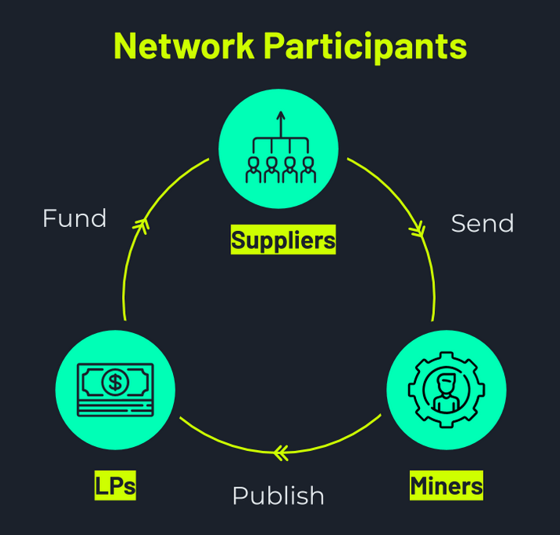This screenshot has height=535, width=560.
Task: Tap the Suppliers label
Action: pyautogui.click(x=283, y=240)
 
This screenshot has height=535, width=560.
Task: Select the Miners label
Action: pyautogui.click(x=446, y=486)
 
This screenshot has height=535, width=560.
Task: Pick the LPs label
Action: pyautogui.click(x=115, y=486)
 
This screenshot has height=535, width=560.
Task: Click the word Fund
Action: pyautogui.click(x=75, y=218)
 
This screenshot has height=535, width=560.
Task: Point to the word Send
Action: pyautogui.click(x=482, y=224)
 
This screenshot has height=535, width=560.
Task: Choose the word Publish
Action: pyautogui.click(x=278, y=496)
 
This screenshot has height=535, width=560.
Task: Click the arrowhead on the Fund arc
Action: pyautogui.click(x=141, y=225)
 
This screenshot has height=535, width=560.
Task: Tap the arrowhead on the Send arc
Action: pyautogui.click(x=418, y=229)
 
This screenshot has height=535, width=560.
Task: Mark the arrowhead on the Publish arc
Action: pyautogui.click(x=280, y=452)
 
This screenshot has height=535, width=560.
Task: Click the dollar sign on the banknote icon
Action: pyautogui.click(x=116, y=383)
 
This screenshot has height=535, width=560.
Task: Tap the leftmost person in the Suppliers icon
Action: pyautogui.click(x=254, y=170)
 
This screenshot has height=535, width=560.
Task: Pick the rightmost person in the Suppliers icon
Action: pyautogui.click(x=308, y=170)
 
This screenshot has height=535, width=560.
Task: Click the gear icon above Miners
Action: pyautogui.click(x=446, y=390)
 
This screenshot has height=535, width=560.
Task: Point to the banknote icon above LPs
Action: pyautogui.click(x=116, y=390)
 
